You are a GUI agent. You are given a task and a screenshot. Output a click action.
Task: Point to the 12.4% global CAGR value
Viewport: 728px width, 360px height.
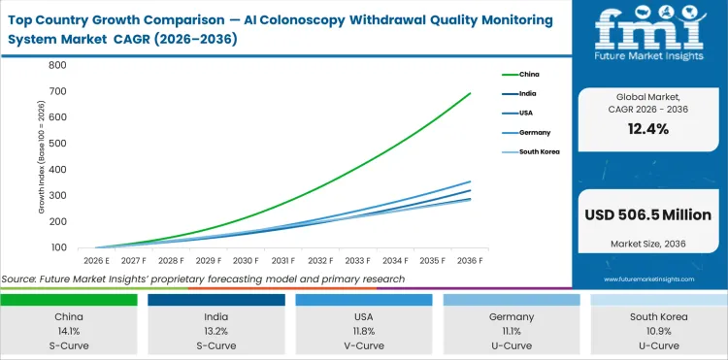(x=649, y=130)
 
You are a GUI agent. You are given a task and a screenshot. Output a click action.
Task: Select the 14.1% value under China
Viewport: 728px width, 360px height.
(x=69, y=330)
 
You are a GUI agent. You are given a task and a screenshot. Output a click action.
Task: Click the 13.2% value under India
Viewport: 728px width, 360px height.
(x=216, y=330)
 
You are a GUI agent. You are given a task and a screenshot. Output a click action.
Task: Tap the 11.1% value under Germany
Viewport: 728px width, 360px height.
(x=512, y=330)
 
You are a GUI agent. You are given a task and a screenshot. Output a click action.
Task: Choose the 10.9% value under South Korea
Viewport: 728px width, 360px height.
(x=659, y=330)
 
